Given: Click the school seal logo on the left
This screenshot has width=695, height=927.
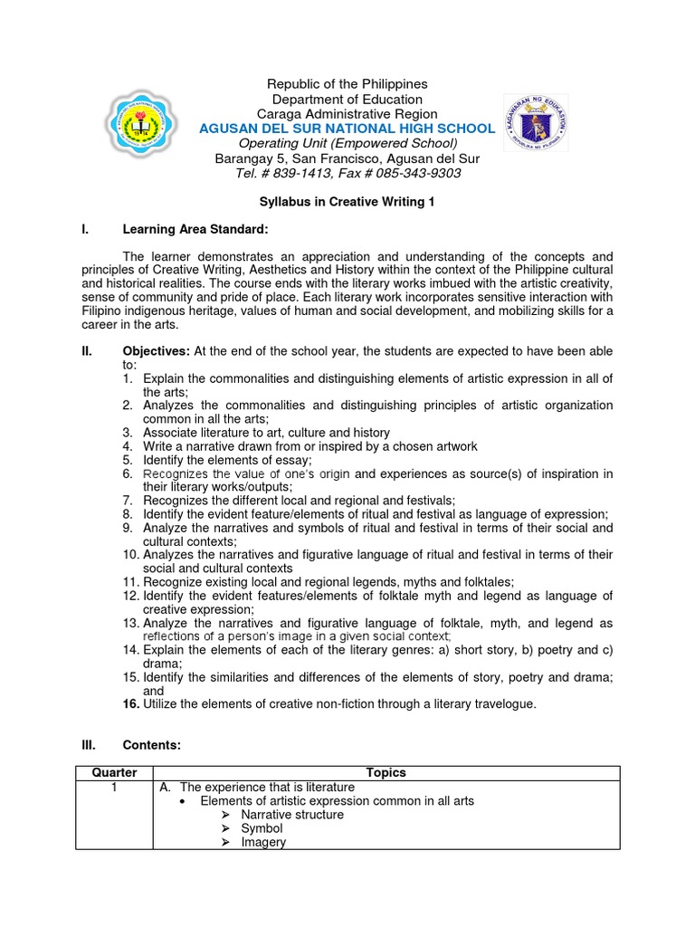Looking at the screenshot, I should (149, 127).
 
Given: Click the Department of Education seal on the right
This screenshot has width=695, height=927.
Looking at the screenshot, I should (538, 126).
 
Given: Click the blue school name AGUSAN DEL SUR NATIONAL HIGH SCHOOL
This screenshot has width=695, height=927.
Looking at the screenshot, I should (347, 129).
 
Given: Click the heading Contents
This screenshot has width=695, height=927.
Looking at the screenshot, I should (152, 744).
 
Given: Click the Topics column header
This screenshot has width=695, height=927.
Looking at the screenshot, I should (386, 772).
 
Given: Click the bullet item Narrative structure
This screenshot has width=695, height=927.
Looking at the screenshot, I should (291, 815).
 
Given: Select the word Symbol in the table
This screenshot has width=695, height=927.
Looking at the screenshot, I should (262, 828).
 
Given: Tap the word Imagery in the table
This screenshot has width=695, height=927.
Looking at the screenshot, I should (263, 842).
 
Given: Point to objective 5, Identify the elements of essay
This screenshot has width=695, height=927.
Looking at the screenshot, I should (226, 460).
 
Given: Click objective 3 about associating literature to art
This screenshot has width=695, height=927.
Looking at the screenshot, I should (266, 433).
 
